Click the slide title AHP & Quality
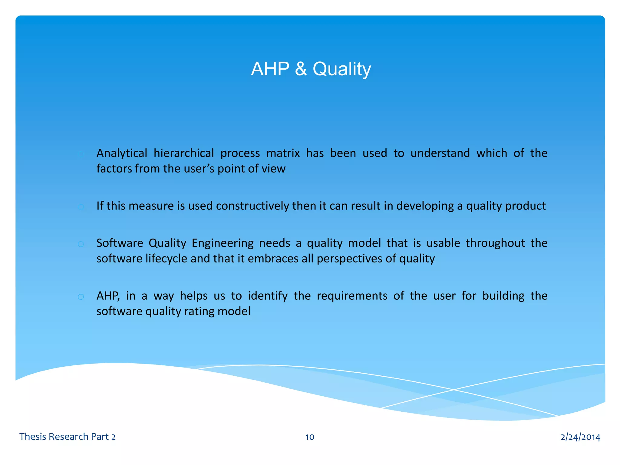tap(311, 69)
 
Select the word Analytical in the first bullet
tap(122, 153)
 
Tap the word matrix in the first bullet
tap(283, 153)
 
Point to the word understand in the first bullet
tap(440, 153)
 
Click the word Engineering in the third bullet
tap(223, 243)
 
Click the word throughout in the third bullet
tap(495, 243)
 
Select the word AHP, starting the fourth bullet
tap(108, 296)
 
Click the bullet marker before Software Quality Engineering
tap(81, 244)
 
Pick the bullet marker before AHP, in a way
tap(81, 297)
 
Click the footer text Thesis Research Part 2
tap(68, 437)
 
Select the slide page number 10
tap(310, 437)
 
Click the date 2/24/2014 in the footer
tap(580, 437)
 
